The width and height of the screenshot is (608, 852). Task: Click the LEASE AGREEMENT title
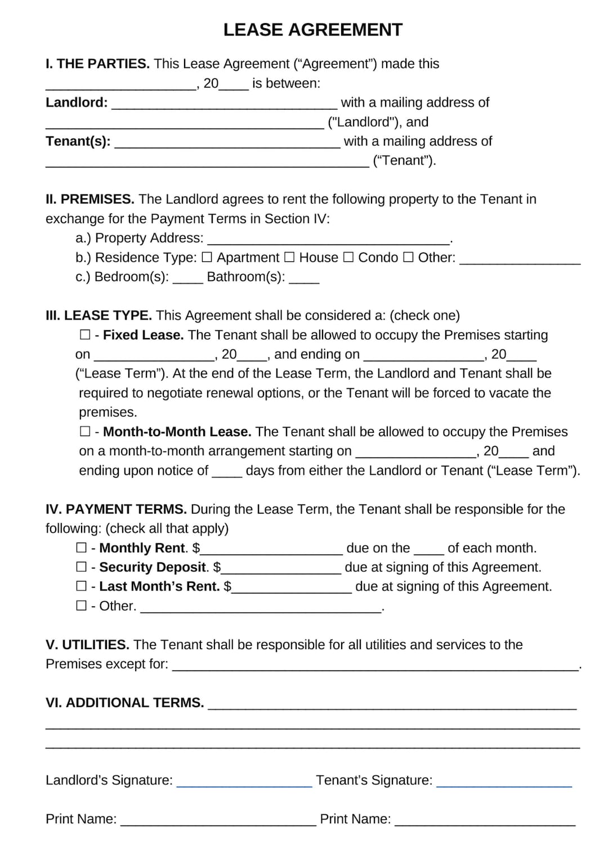[x=312, y=30]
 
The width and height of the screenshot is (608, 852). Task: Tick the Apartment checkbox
[x=207, y=258]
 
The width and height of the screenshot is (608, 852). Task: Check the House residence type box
[x=289, y=258]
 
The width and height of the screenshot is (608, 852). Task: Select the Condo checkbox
[x=348, y=258]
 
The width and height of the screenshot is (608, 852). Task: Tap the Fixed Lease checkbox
[x=85, y=335]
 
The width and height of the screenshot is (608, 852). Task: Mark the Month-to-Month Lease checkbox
[x=85, y=432]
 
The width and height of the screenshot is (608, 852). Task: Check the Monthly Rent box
[x=82, y=548]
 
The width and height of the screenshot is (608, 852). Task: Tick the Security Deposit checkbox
[x=82, y=567]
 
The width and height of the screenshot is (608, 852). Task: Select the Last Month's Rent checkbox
[x=82, y=587]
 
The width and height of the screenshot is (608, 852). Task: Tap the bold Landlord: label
[x=77, y=103]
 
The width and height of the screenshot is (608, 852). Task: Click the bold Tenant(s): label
[x=78, y=141]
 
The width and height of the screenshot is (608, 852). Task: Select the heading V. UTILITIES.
[x=87, y=645]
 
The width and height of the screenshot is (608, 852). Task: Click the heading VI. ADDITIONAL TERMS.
[x=124, y=703]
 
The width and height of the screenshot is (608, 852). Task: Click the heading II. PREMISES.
[x=90, y=199]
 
